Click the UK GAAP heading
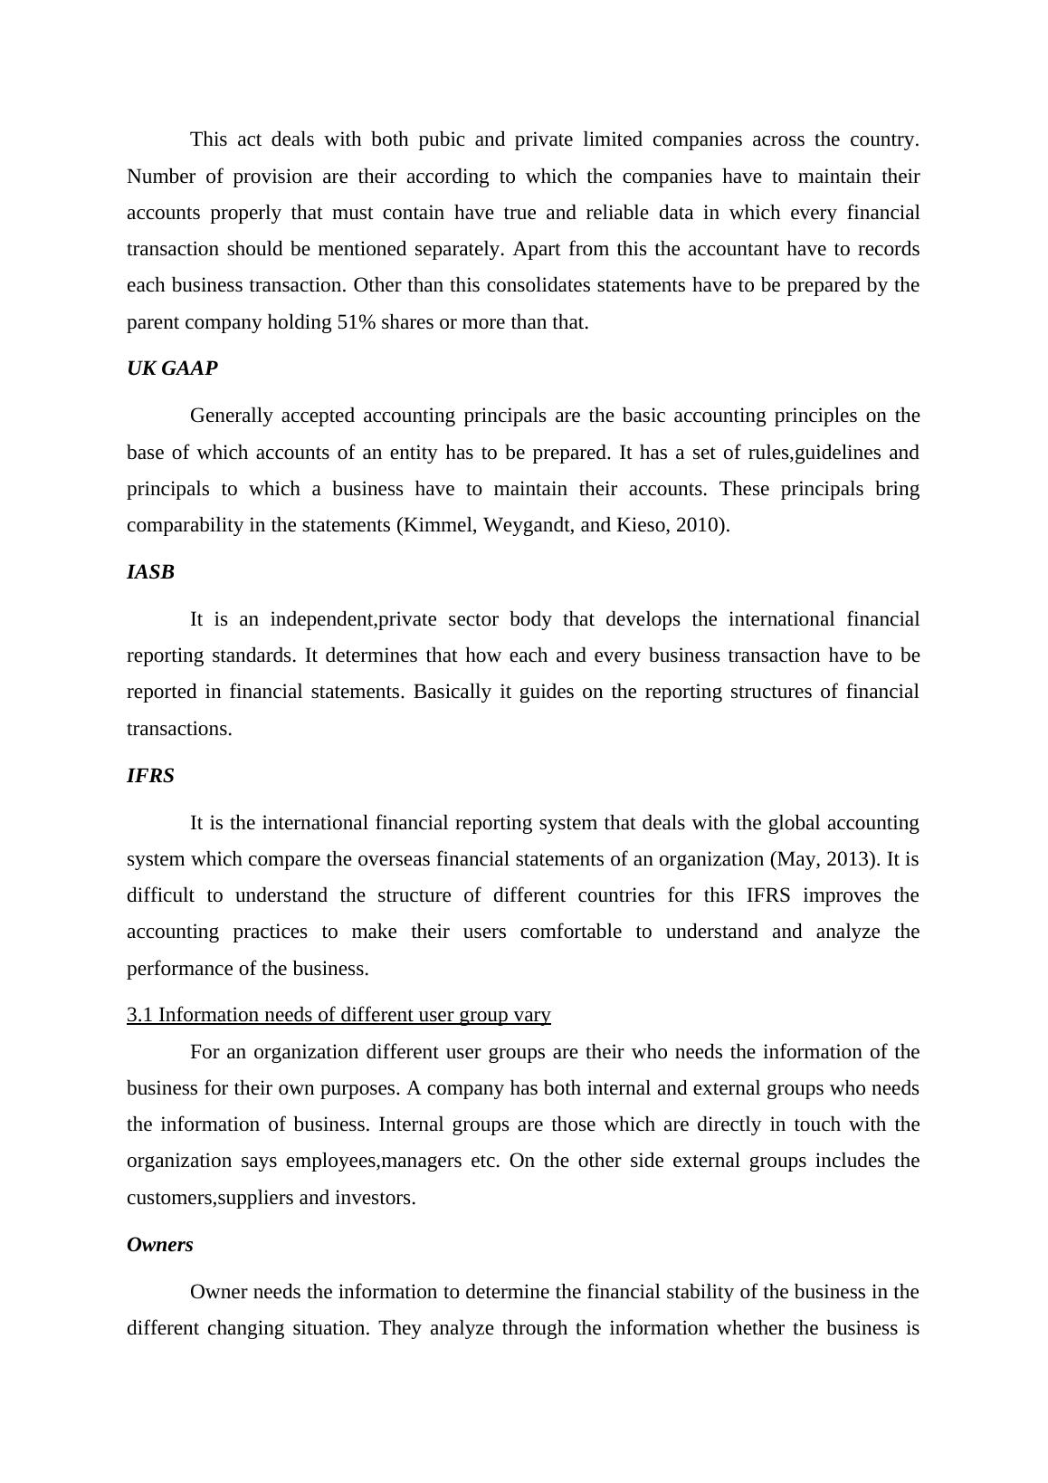point(172,368)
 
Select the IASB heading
point(150,572)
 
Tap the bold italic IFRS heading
point(150,776)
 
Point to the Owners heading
point(160,1245)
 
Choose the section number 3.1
point(140,1015)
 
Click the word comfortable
point(570,932)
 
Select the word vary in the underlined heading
point(531,1015)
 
